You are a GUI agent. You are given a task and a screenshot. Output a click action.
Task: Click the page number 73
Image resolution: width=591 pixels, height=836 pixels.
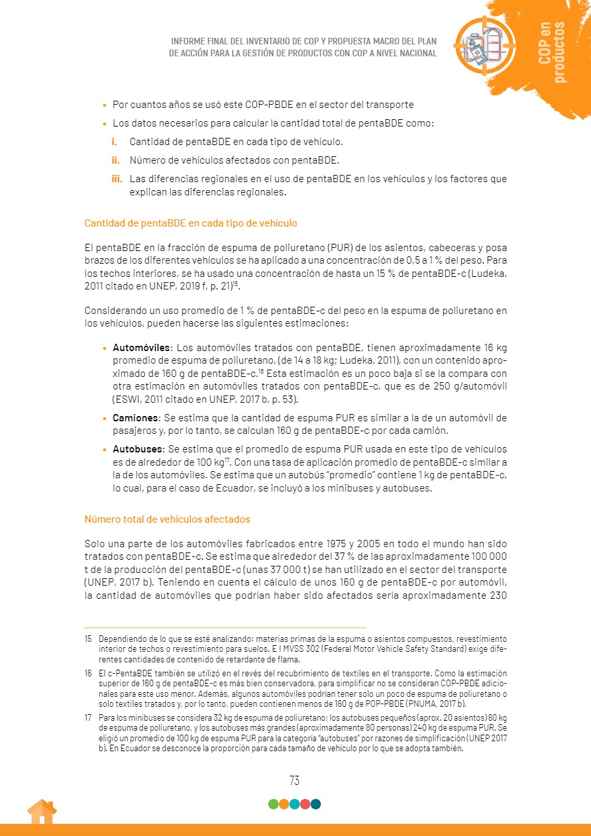tap(294, 781)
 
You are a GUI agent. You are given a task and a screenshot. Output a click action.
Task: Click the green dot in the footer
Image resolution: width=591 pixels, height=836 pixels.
tap(273, 804)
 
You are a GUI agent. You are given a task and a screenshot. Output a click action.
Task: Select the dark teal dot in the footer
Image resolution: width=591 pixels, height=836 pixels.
tap(315, 804)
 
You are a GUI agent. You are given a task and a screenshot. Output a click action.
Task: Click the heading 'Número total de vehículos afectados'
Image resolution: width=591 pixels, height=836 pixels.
tap(167, 519)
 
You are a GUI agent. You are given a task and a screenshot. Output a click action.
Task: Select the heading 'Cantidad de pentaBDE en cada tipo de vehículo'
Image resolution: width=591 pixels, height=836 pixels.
tap(191, 223)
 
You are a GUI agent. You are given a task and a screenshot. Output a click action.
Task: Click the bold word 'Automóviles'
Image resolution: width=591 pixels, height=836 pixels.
tap(142, 348)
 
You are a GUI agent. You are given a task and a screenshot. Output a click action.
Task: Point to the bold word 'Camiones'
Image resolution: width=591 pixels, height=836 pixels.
tap(135, 418)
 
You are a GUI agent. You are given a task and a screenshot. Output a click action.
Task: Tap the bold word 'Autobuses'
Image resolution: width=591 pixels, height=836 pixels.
tap(137, 449)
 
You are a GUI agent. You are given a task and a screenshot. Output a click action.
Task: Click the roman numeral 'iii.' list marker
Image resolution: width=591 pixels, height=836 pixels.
tap(117, 179)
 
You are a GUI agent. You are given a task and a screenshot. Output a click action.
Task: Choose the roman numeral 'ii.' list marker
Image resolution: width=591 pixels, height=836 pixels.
tap(115, 160)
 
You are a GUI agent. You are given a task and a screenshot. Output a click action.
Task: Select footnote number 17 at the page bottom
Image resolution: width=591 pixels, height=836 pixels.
tap(88, 717)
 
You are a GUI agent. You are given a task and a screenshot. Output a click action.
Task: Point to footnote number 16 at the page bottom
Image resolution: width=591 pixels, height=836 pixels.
tap(88, 672)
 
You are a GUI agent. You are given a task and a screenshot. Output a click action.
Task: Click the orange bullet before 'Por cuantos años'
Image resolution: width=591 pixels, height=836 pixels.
tap(105, 105)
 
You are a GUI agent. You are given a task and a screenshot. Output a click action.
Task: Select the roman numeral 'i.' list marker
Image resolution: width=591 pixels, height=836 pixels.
tap(114, 142)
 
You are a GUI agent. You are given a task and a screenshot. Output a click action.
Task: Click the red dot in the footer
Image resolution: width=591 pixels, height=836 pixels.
tap(305, 804)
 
